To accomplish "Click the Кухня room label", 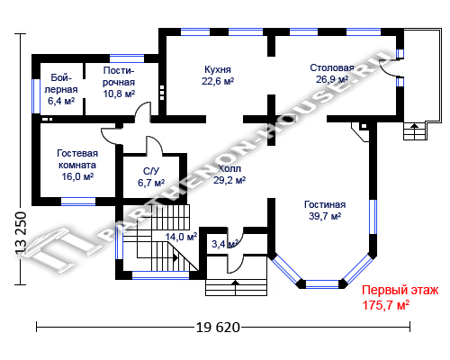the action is click(218, 69).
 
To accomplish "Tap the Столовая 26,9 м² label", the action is click(332, 74).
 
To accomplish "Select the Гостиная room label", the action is click(325, 204).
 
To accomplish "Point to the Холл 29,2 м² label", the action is click(229, 175).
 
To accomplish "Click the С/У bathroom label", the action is click(151, 171).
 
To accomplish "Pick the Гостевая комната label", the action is click(77, 159).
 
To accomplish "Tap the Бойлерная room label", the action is click(61, 84).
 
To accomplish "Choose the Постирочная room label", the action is click(119, 76).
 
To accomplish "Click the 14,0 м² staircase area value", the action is click(181, 237).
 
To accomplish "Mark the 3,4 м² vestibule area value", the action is click(225, 244).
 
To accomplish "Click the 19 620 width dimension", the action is click(218, 327).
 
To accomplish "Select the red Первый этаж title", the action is click(400, 291).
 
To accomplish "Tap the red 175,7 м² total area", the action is click(385, 305).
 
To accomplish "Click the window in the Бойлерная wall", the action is click(36, 96).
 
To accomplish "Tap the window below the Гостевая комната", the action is click(78, 202).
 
